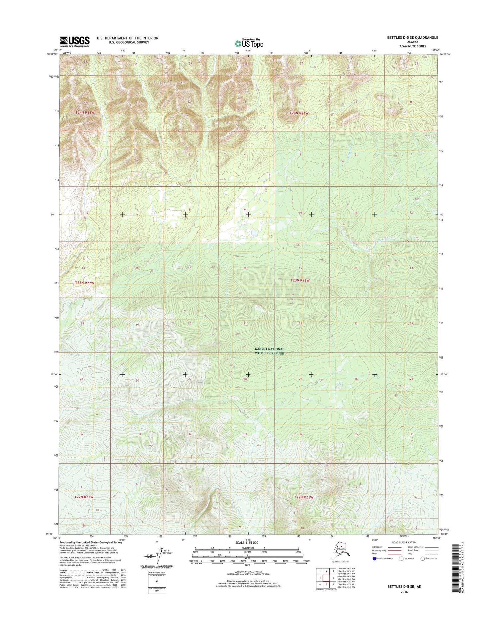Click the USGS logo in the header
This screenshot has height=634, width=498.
pos(75,41)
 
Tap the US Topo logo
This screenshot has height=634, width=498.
pos(249,43)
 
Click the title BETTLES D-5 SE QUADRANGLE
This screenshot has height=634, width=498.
pos(412,37)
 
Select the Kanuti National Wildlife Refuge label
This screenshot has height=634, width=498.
pos(270,351)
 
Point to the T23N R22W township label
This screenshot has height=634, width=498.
pos(84,283)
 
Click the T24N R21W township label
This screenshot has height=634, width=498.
pos(299,113)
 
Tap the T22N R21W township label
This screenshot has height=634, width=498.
pos(303,497)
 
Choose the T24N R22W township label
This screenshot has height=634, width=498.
pos(85,112)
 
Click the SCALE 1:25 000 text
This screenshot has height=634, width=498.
pos(246,543)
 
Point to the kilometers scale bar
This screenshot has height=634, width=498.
pos(247,549)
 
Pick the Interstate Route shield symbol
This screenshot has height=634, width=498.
pos(375,558)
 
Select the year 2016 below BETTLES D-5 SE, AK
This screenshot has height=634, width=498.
pos(404,592)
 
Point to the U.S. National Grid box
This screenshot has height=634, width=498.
pos(157,582)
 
